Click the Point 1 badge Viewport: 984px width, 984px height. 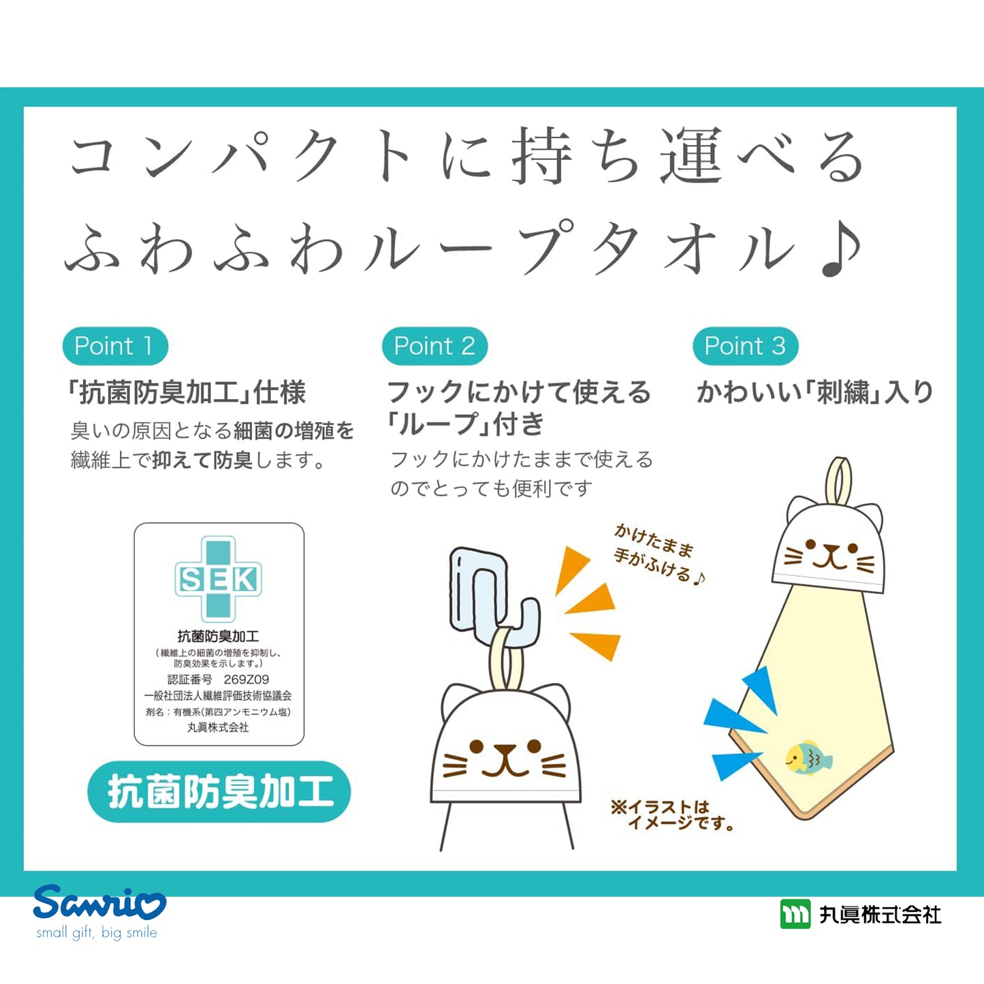(115, 346)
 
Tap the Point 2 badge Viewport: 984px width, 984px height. (434, 346)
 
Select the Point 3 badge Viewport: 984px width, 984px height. (745, 346)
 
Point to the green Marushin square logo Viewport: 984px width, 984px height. (795, 914)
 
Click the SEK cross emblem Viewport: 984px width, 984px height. (218, 579)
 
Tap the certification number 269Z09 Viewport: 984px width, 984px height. (246, 679)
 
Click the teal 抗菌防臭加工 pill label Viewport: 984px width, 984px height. (219, 791)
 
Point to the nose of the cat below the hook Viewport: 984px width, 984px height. (505, 750)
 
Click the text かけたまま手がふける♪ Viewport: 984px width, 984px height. (658, 554)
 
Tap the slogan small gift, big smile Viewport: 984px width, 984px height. (97, 932)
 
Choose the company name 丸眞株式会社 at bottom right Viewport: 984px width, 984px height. (880, 915)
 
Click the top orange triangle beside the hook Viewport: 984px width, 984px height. (572, 570)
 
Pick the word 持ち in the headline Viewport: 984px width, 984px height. (575, 155)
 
